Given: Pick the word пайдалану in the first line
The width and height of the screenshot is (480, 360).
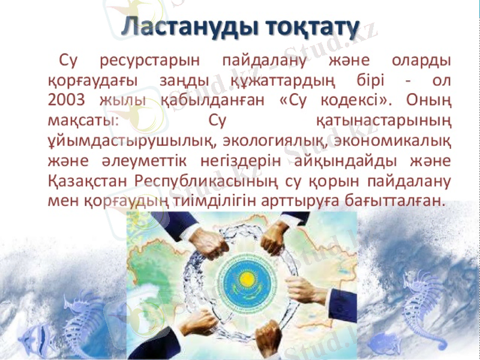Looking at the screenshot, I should pos(265,61).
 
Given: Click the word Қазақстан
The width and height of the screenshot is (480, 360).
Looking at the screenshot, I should pos(87,181).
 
